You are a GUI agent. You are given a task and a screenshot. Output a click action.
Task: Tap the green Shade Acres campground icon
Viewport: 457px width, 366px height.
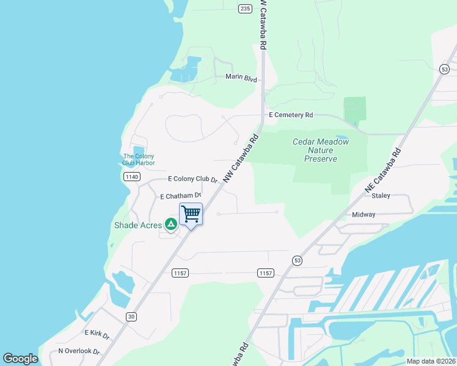(x=172, y=225)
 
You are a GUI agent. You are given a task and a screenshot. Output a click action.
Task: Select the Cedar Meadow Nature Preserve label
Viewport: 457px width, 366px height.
(x=321, y=150)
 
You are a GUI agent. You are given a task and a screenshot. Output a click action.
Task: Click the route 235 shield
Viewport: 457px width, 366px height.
(x=245, y=8)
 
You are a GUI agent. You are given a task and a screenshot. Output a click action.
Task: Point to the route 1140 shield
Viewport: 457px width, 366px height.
(x=131, y=176)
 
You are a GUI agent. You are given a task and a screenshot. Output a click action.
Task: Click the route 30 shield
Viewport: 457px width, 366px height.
(x=131, y=316)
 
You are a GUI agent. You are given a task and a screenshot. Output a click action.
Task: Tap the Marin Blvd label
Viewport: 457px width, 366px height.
(x=241, y=77)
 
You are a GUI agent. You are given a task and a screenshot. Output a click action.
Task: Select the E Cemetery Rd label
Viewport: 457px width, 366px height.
(x=291, y=115)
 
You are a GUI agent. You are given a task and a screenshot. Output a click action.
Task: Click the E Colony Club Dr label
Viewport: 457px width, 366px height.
(x=193, y=179)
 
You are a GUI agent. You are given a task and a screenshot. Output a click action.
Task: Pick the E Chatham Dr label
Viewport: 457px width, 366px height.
(x=180, y=196)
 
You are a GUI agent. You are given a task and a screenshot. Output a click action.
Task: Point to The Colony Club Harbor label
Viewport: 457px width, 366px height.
(x=139, y=160)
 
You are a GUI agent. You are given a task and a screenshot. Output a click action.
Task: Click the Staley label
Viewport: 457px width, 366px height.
(x=381, y=196)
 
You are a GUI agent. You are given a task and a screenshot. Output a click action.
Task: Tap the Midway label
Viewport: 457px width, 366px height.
(x=364, y=215)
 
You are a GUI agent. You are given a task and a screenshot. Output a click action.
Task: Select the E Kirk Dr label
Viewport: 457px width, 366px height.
(x=97, y=334)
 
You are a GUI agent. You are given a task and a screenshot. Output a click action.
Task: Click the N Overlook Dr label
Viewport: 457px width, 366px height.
(x=78, y=351)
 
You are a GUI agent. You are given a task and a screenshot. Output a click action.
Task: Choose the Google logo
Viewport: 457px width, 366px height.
(x=20, y=359)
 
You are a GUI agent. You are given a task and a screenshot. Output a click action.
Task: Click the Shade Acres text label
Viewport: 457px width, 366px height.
(x=138, y=225)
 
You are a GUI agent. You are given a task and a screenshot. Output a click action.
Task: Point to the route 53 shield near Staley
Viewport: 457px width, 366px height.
(x=298, y=259)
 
